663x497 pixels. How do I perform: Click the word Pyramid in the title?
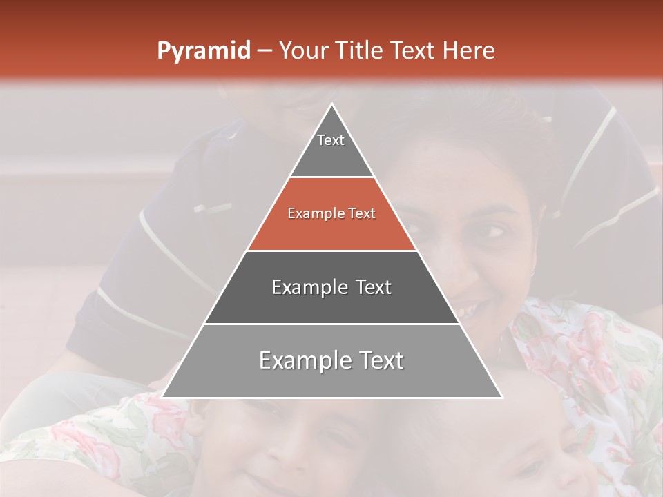(204, 51)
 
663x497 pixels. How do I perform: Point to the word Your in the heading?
(303, 51)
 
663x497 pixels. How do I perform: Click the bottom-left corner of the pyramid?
(163, 397)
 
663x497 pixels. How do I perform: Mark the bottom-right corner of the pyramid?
(501, 397)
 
